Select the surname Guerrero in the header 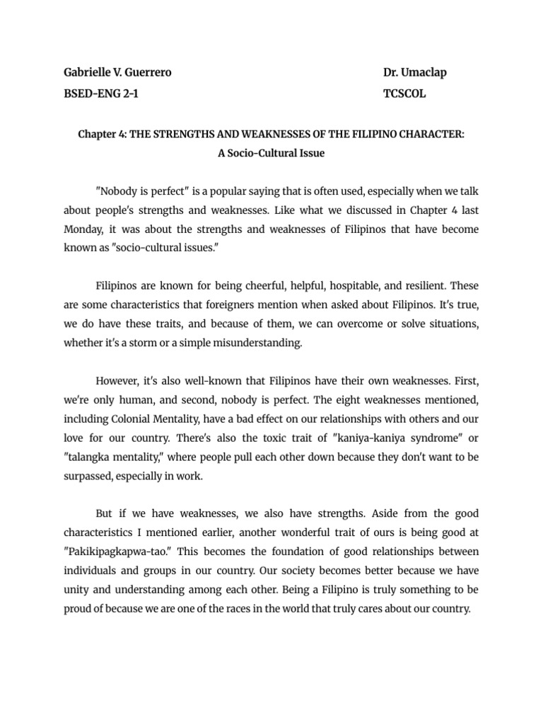[147, 73]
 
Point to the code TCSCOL [404, 93]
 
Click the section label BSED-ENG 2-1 [101, 93]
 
